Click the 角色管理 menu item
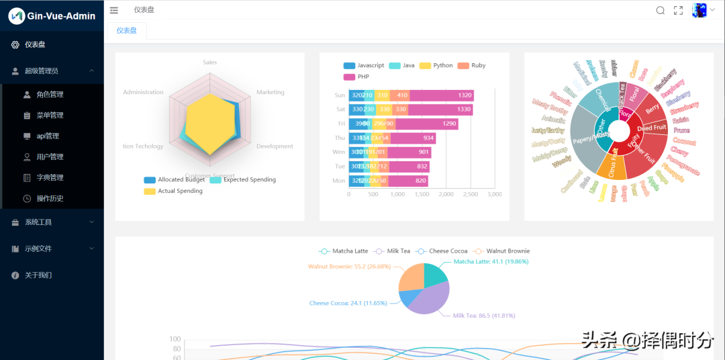(50, 95)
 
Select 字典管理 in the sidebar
(50, 178)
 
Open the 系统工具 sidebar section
(38, 222)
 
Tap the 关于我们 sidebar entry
(38, 275)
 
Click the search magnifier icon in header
(660, 10)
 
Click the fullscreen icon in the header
(679, 10)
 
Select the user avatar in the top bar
(699, 10)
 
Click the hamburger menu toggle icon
(114, 10)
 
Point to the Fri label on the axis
(341, 124)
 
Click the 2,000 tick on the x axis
(446, 194)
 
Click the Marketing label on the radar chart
(270, 92)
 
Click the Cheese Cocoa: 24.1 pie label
(348, 304)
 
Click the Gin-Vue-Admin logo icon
(16, 15)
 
